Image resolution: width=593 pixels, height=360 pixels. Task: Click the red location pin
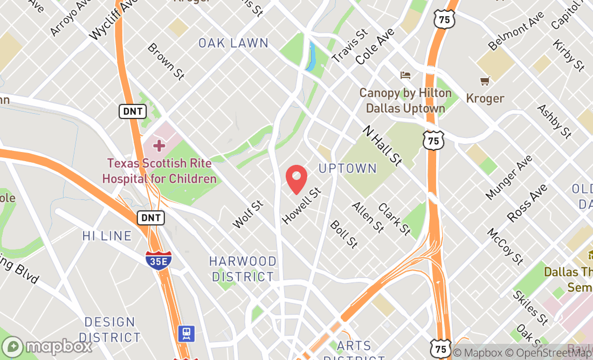[x=296, y=179]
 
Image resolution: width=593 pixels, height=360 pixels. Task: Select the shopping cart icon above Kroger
[x=485, y=81]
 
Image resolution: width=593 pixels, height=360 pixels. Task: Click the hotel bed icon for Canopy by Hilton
[x=405, y=75]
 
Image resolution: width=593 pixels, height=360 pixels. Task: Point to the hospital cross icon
[x=159, y=146]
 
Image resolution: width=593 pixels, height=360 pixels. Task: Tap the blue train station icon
[x=187, y=333]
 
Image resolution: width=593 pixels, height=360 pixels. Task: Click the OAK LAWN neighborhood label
[x=233, y=43]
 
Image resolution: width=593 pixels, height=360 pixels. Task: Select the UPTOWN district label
[x=348, y=169]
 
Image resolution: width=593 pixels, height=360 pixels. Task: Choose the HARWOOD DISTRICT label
[x=243, y=269]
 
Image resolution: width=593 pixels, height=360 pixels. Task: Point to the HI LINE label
[x=107, y=236]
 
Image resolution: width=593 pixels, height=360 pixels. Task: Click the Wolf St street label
[x=247, y=214]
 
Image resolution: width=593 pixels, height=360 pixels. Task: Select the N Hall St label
[x=382, y=146]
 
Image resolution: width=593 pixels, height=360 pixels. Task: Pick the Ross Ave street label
[x=527, y=203]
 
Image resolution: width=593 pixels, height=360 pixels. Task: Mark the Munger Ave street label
[x=509, y=176]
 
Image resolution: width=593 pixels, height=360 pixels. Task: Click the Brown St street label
[x=166, y=62]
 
